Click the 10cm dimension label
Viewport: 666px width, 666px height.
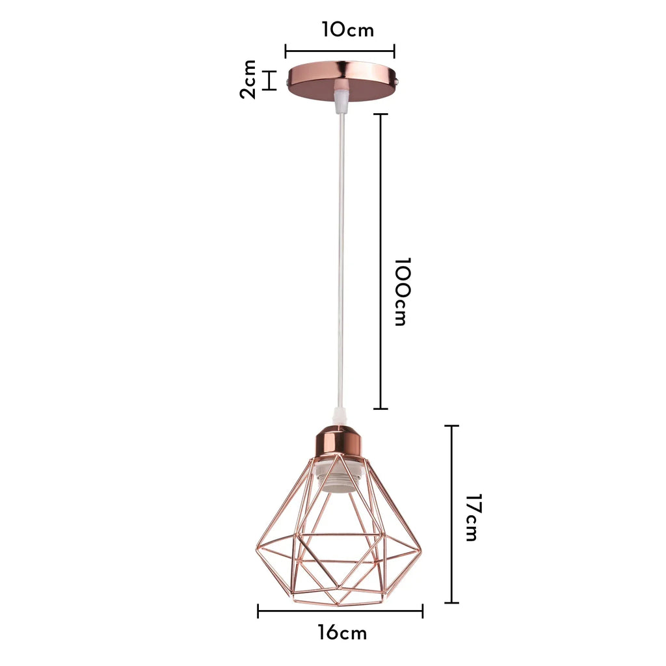pyautogui.click(x=347, y=30)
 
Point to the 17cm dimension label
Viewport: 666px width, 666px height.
pyautogui.click(x=473, y=518)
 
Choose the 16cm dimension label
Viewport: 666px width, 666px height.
pyautogui.click(x=342, y=633)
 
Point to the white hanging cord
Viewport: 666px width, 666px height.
pyautogui.click(x=340, y=260)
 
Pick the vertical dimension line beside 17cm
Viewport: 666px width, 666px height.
pyautogui.click(x=451, y=514)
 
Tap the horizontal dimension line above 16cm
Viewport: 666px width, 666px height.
pyautogui.click(x=340, y=611)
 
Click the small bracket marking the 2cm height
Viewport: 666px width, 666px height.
pyautogui.click(x=270, y=80)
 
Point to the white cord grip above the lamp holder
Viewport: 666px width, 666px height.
pyautogui.click(x=337, y=415)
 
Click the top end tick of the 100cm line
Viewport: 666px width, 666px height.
pyautogui.click(x=380, y=114)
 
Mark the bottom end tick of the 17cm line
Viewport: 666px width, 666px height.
pyautogui.click(x=451, y=603)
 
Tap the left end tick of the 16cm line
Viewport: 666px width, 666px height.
pyautogui.click(x=258, y=611)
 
